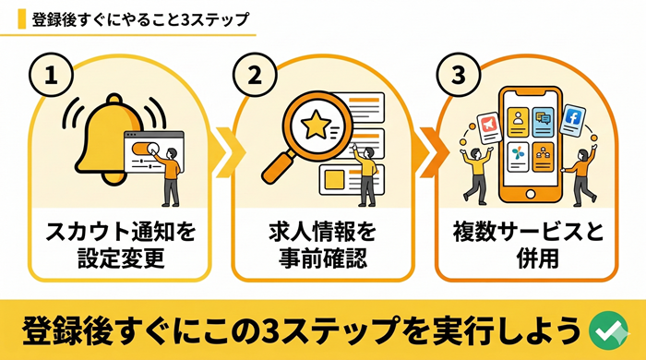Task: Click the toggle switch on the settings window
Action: (141, 149)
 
